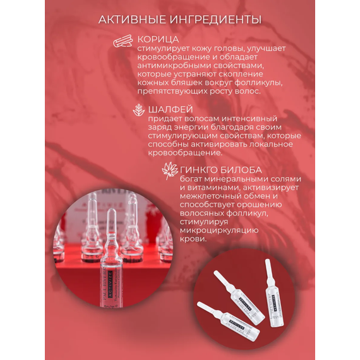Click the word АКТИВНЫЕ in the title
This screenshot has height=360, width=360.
pyautogui.click(x=132, y=20)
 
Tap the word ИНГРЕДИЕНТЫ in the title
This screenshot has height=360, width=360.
pyautogui.click(x=215, y=20)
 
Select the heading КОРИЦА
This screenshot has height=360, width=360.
pyautogui.click(x=158, y=40)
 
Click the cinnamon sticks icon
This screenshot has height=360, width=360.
pyautogui.click(x=123, y=41)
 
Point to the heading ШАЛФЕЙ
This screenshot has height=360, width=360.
pyautogui.click(x=171, y=109)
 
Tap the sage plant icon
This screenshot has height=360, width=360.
pyautogui.click(x=139, y=110)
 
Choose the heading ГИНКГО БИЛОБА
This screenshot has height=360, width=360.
pyautogui.click(x=221, y=170)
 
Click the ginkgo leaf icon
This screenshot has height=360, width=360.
pyautogui.click(x=170, y=171)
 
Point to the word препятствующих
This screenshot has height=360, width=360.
pyautogui.click(x=172, y=92)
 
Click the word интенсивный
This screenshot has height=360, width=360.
pyautogui.click(x=249, y=119)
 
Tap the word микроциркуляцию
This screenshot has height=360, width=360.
pyautogui.click(x=219, y=231)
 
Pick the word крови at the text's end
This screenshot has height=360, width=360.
pyautogui.click(x=193, y=239)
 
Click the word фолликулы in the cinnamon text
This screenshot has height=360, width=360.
pyautogui.click(x=258, y=83)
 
